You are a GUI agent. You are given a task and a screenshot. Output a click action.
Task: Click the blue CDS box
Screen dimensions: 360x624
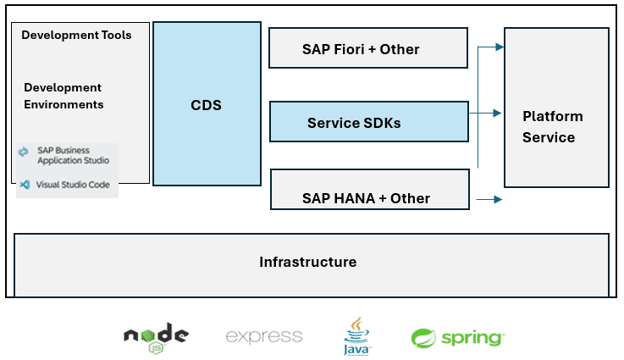point(206,104)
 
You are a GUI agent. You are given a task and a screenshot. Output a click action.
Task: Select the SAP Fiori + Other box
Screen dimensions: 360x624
point(367,48)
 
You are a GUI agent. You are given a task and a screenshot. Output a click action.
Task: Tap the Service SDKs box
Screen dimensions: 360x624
point(368,122)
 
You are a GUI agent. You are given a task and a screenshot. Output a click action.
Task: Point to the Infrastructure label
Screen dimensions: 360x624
point(307,262)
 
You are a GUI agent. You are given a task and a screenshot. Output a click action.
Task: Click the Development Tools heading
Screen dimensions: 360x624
point(76,35)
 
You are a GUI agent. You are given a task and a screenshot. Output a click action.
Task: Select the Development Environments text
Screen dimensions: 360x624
point(63,96)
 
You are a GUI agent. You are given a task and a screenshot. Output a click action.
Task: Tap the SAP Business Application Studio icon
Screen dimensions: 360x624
point(24,152)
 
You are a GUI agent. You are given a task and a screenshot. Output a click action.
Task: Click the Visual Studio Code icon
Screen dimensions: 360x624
point(24,184)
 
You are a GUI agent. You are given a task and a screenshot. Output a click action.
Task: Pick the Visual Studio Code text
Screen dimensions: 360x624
point(74,184)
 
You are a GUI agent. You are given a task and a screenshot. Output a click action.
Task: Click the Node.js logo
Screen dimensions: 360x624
point(156,336)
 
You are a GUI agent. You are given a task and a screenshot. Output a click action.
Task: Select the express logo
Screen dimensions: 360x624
point(263,336)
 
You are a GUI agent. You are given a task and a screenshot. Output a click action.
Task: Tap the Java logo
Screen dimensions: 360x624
point(356,335)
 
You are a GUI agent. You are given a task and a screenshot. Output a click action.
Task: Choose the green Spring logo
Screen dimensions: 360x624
point(457,337)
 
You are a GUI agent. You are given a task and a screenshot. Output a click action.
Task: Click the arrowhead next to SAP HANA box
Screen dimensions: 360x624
point(498,200)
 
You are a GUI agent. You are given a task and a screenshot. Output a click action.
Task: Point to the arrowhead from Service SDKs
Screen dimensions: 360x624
point(498,112)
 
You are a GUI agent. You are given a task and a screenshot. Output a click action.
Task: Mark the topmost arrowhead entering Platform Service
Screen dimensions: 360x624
point(500,47)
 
